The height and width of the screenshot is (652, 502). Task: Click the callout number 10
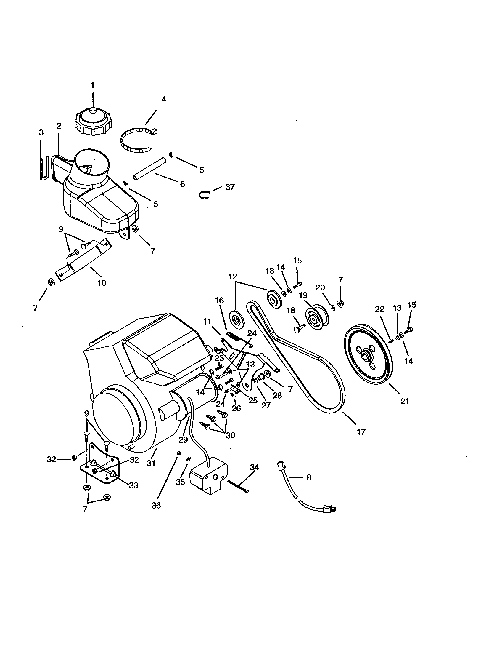point(102,282)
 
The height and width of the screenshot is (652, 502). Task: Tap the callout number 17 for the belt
point(361,432)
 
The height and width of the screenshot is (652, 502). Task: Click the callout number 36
point(156,505)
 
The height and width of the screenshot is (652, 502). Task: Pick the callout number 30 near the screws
point(230,435)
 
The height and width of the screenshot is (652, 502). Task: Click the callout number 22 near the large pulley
point(379,310)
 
